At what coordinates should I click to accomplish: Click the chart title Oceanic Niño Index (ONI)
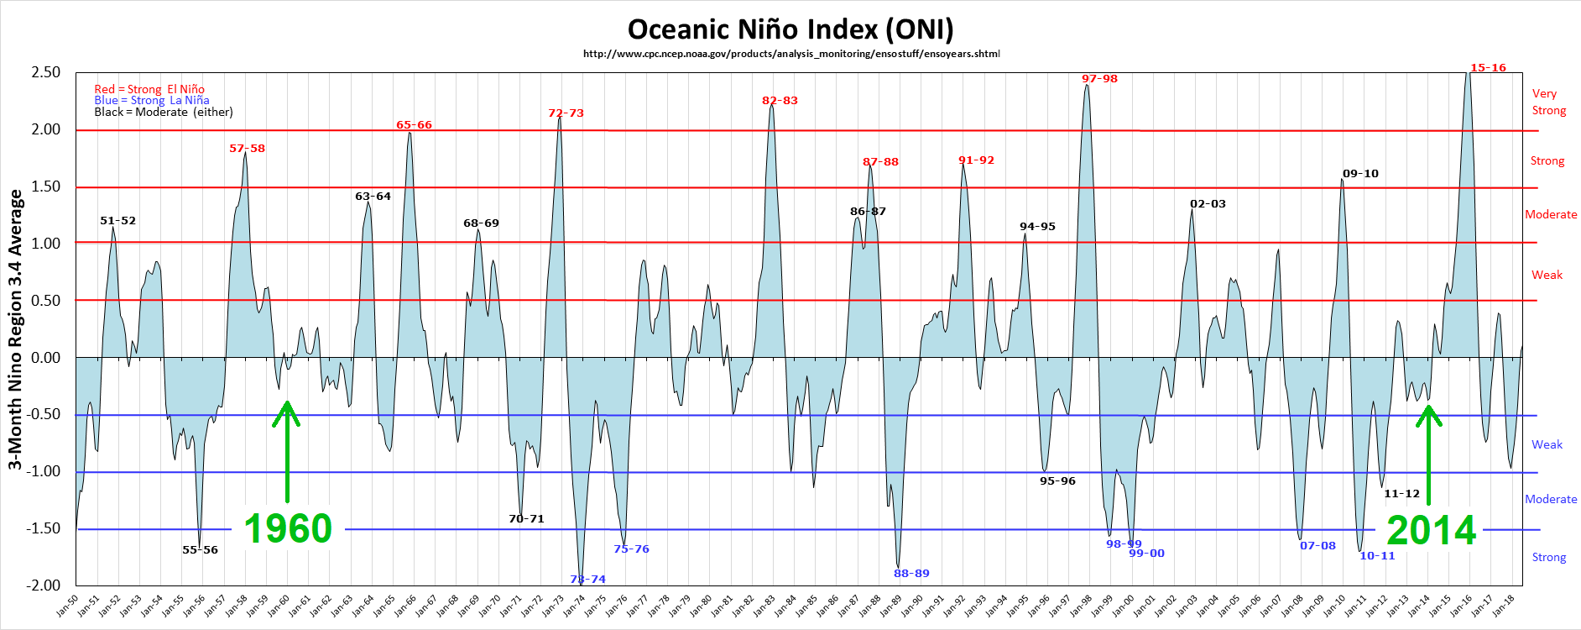coord(790,29)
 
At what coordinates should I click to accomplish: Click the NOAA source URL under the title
coord(791,54)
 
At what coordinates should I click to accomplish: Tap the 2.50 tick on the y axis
coord(46,72)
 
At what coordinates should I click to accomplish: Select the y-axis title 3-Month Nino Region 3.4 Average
coord(15,329)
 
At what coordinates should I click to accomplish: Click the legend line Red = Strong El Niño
coord(149,89)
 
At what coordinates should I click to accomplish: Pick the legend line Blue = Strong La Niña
coord(152,100)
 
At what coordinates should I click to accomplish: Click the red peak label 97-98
coord(1099,79)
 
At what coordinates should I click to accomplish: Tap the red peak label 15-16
coord(1488,68)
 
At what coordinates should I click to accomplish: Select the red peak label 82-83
coord(780,101)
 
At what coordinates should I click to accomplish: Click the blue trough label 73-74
coord(587,580)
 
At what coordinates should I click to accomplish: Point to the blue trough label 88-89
coord(911,574)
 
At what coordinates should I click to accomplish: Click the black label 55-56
coord(200,550)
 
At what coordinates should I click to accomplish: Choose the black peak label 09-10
coord(1360,174)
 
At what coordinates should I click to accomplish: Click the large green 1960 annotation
coord(288,529)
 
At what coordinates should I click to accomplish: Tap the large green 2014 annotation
coord(1431,530)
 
